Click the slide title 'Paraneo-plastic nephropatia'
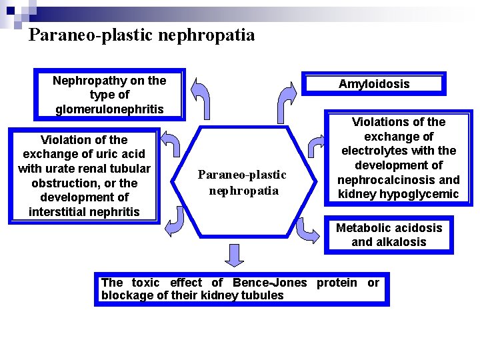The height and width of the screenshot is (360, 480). [x=141, y=35]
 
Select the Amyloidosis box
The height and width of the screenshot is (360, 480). [x=373, y=84]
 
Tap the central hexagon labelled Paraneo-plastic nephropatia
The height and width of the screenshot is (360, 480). [x=241, y=182]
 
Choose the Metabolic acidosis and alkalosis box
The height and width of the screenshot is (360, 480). [x=389, y=235]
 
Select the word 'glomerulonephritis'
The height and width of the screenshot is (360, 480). [x=109, y=109]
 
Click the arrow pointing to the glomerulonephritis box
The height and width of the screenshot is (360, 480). [x=199, y=97]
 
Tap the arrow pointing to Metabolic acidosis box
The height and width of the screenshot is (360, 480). [x=307, y=230]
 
